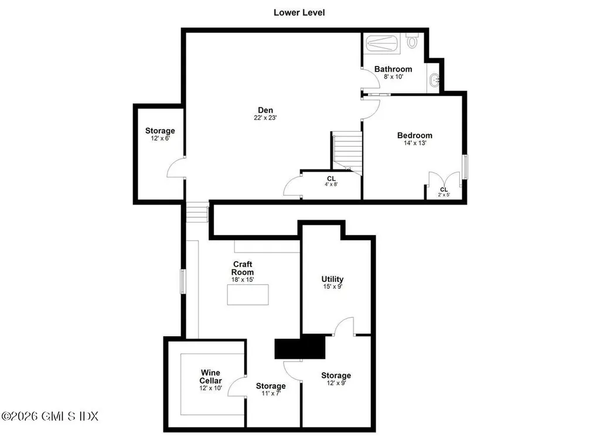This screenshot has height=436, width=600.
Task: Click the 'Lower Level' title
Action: pyautogui.click(x=299, y=12)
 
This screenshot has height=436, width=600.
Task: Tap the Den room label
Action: pyautogui.click(x=265, y=110)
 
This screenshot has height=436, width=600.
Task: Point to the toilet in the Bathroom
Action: pyautogui.click(x=412, y=41)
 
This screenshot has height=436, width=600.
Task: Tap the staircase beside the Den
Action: pyautogui.click(x=347, y=152)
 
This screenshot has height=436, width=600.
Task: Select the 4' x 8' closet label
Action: pyautogui.click(x=331, y=184)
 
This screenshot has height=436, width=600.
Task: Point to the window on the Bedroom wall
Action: pyautogui.click(x=465, y=166)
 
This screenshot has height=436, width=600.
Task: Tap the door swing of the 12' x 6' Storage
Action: pyautogui.click(x=176, y=169)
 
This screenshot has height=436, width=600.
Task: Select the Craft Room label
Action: pyautogui.click(x=242, y=268)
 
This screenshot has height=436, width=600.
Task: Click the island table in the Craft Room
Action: pyautogui.click(x=248, y=294)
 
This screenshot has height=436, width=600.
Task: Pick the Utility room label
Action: pyautogui.click(x=332, y=279)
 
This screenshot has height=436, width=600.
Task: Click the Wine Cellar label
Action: pyautogui.click(x=210, y=376)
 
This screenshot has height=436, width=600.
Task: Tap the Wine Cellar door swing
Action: pyautogui.click(x=237, y=387)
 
